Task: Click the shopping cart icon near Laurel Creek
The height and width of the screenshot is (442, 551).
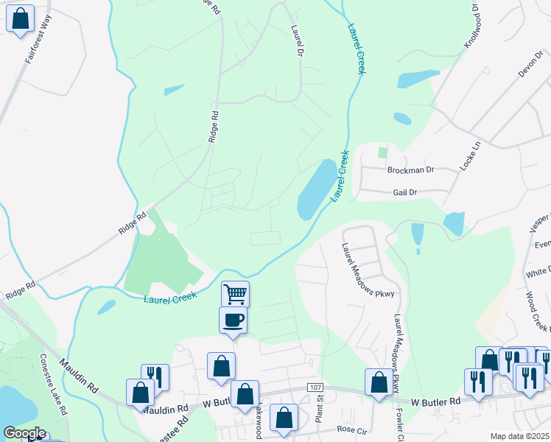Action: tap(235, 294)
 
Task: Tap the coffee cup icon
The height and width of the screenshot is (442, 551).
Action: tap(233, 320)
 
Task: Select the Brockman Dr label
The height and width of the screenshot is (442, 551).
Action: tap(410, 169)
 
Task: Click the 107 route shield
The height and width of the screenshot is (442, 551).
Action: tap(315, 387)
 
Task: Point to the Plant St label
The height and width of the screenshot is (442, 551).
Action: tap(320, 407)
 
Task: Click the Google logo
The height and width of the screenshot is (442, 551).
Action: tap(24, 433)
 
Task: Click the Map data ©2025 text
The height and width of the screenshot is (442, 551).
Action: tap(519, 436)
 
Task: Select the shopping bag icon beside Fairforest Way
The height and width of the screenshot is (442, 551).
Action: tap(20, 18)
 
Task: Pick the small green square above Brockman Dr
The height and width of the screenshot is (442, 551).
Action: tap(382, 152)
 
